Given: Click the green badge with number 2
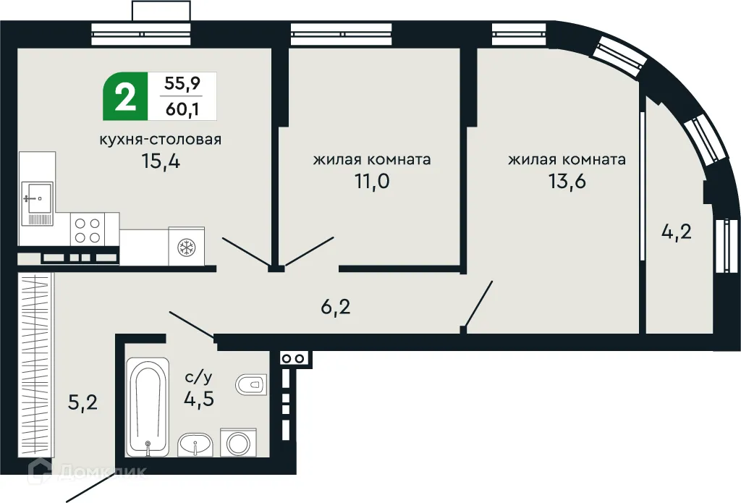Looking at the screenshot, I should click(125, 96).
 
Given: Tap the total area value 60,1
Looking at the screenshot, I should click(182, 109).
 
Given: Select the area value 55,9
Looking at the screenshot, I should click(182, 83).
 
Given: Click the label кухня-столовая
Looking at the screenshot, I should click(161, 139).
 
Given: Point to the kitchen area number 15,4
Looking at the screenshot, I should click(161, 161).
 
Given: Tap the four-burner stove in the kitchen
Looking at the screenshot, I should click(88, 229).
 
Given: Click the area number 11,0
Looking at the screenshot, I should click(372, 181).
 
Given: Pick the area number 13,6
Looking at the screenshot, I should click(567, 181).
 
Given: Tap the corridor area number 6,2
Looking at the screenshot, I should click(335, 308).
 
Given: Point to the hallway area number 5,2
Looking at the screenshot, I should click(82, 402).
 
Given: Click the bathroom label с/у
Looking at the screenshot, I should click(198, 377).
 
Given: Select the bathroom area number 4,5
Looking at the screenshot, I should click(198, 399).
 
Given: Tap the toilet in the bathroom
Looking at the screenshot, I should click(252, 384).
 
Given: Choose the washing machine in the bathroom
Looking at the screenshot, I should click(237, 442).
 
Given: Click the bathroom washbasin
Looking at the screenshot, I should click(195, 444).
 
